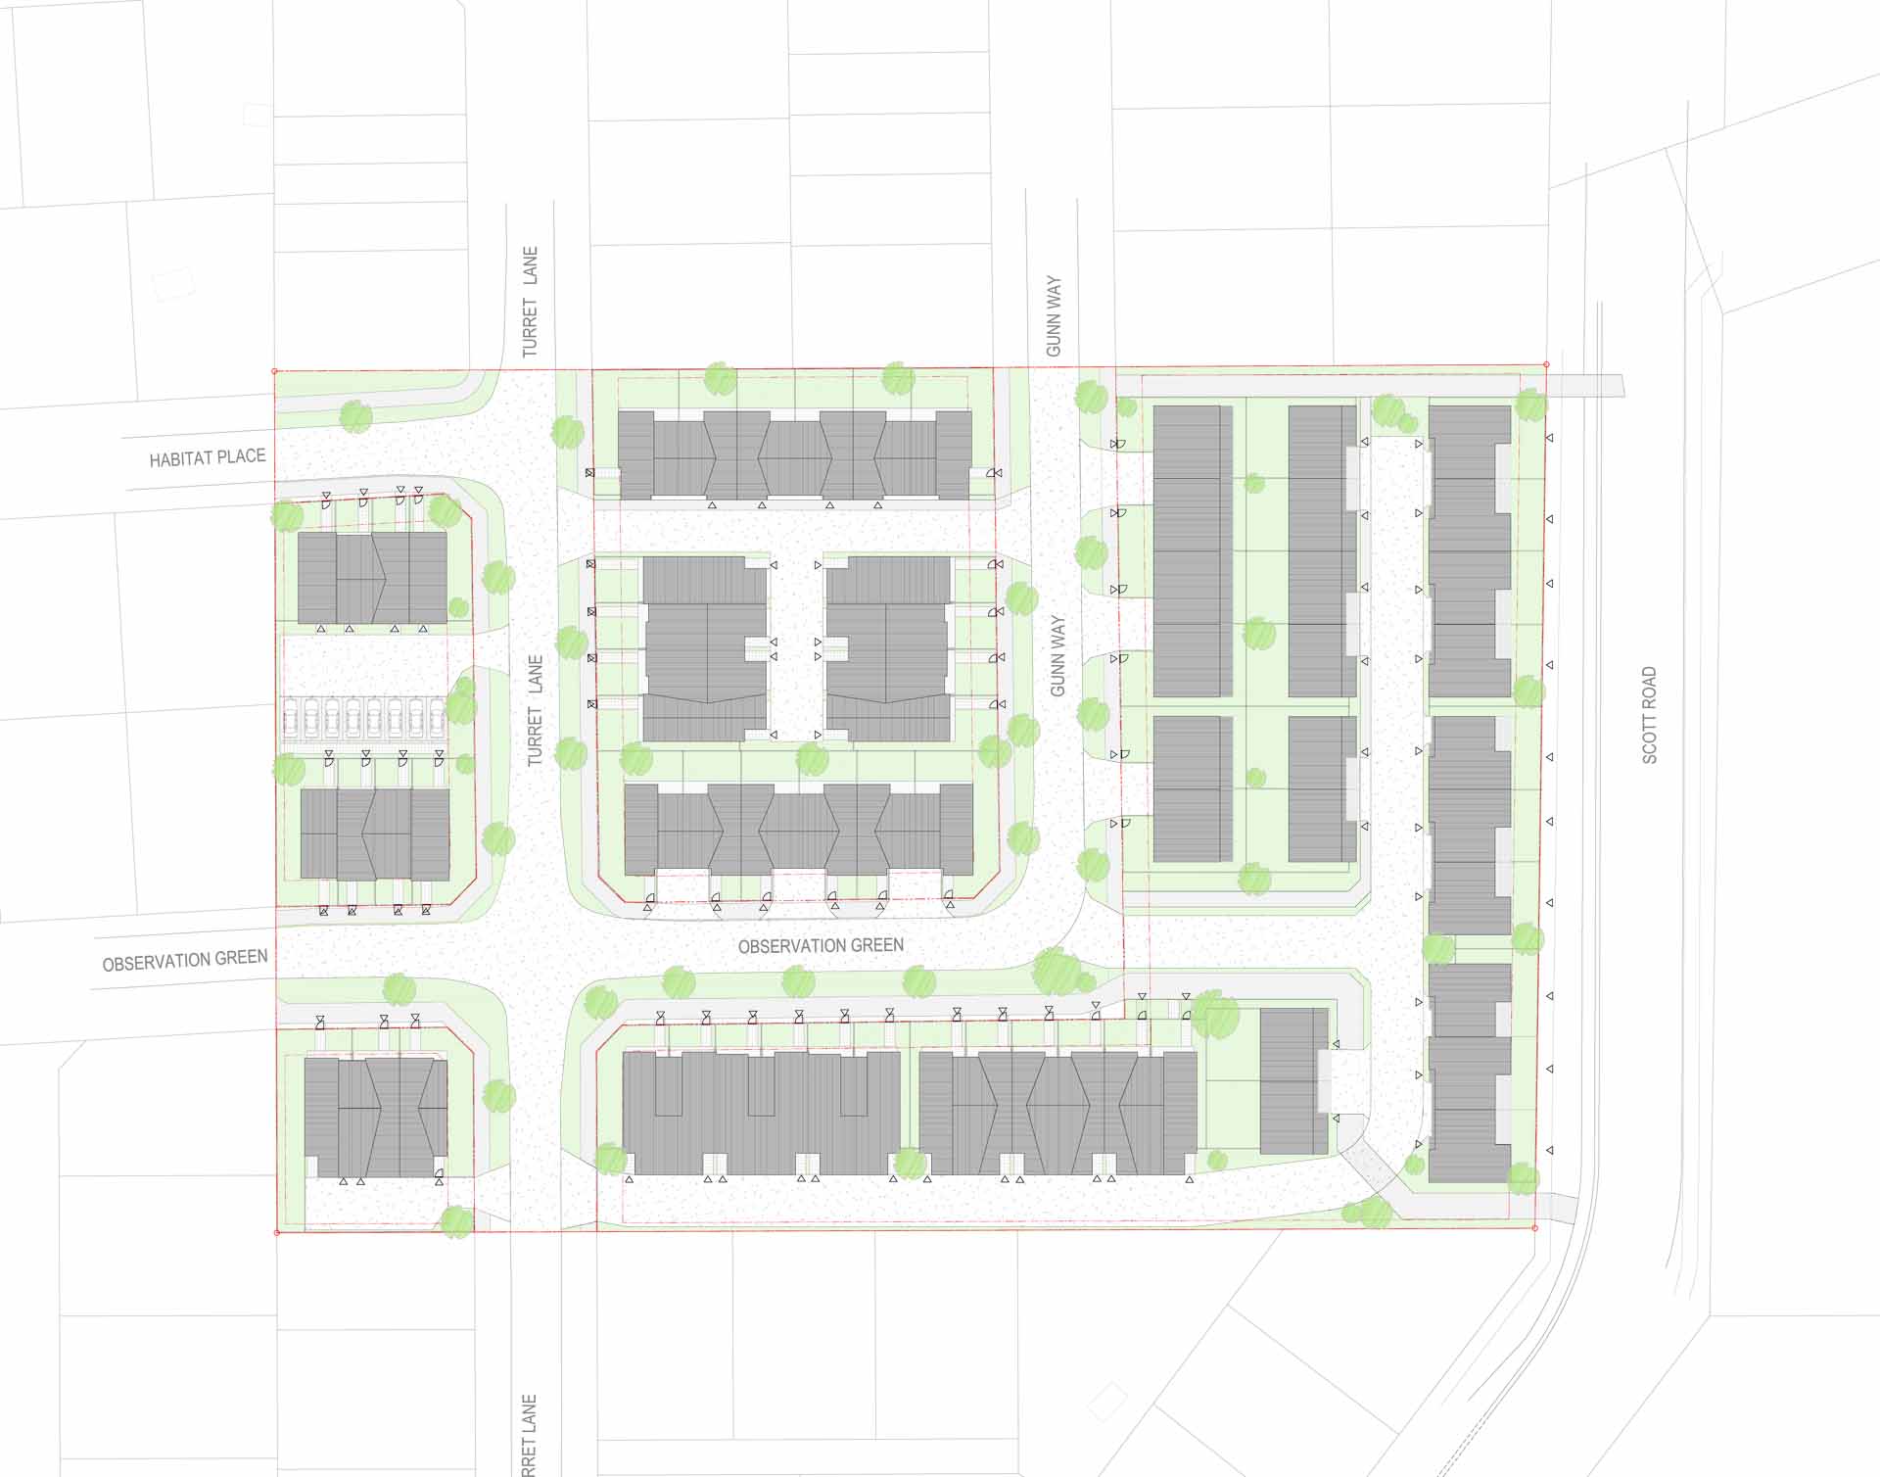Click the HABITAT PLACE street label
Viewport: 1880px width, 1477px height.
point(207,457)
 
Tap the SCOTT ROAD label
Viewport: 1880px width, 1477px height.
point(1650,715)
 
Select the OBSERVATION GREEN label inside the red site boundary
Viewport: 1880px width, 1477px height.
point(821,946)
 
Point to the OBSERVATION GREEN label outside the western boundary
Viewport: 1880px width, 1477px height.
point(185,960)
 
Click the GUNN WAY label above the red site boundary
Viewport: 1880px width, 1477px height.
point(1054,316)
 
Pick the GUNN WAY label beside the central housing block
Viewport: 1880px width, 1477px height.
point(1057,655)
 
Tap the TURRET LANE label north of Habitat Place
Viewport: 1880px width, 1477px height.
point(530,302)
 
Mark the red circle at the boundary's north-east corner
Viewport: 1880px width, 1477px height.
point(1546,364)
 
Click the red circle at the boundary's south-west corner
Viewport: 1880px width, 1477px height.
point(277,1232)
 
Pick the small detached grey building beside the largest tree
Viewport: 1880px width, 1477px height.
point(1292,1081)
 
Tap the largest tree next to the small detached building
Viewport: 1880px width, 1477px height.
point(1215,1015)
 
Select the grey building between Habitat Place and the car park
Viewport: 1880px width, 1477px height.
point(372,578)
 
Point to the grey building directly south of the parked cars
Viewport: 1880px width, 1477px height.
point(375,834)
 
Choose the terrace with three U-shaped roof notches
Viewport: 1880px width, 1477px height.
point(761,1112)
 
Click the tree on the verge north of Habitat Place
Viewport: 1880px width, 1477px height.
point(355,416)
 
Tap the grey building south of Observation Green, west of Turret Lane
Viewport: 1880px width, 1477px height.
point(376,1118)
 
